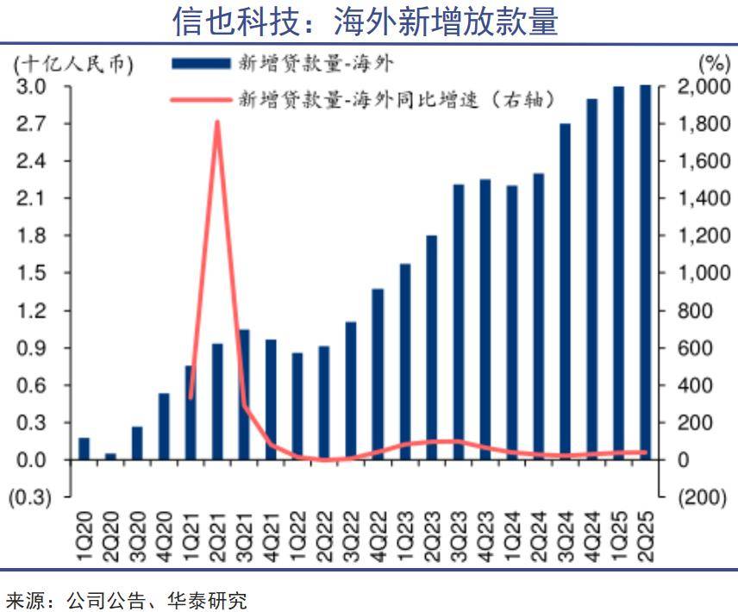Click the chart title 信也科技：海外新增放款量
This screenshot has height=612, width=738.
pyautogui.click(x=366, y=22)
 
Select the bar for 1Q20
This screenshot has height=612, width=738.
pyautogui.click(x=84, y=449)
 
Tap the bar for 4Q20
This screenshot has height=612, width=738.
pyautogui.click(x=164, y=427)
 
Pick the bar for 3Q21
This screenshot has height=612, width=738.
pyautogui.click(x=244, y=395)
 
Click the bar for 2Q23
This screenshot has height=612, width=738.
pyautogui.click(x=431, y=347)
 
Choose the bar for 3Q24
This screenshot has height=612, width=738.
pyautogui.click(x=565, y=291)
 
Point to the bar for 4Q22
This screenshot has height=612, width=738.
pyautogui.click(x=378, y=374)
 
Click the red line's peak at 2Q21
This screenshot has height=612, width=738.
pyautogui.click(x=217, y=122)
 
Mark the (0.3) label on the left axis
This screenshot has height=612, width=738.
pyautogui.click(x=30, y=497)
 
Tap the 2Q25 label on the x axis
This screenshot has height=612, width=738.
pyautogui.click(x=645, y=539)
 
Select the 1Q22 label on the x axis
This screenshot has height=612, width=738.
pyautogui.click(x=297, y=539)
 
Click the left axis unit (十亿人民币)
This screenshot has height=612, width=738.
pyautogui.click(x=74, y=64)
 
